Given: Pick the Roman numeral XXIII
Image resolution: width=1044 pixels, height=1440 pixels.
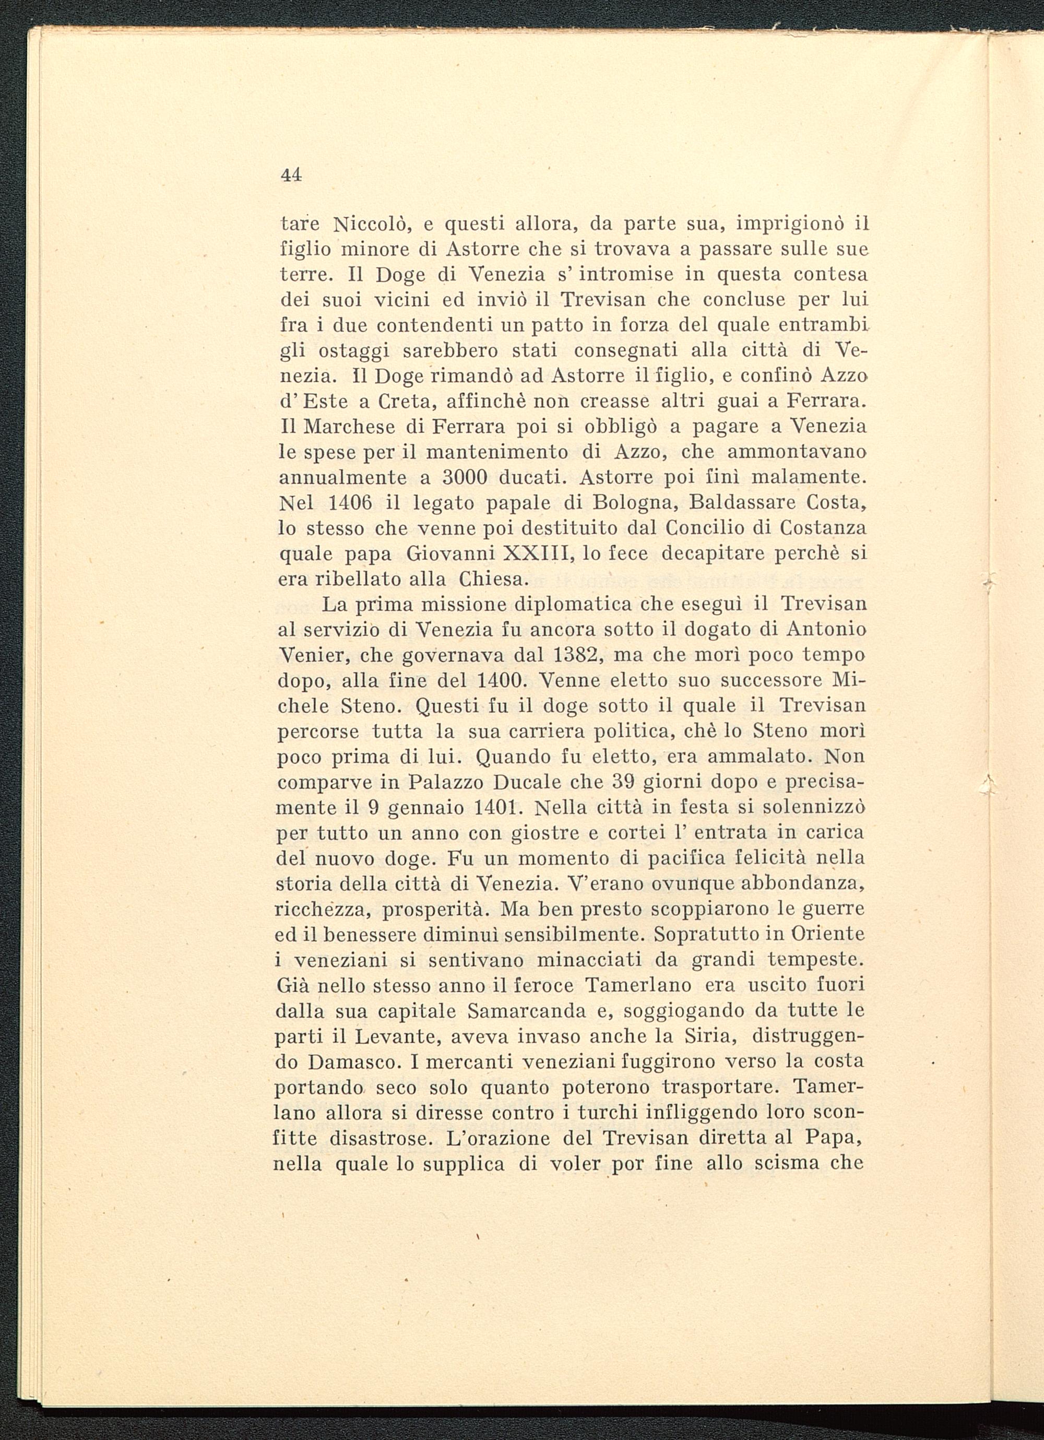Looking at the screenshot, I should [538, 553].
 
